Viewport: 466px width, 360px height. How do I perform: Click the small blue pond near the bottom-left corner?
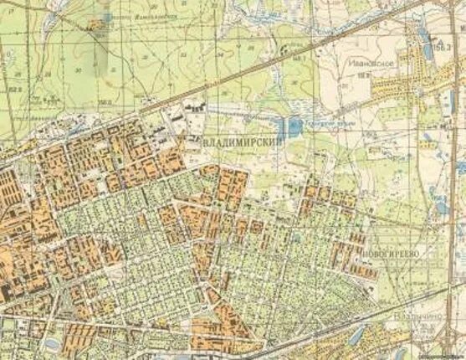coord(48,344)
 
